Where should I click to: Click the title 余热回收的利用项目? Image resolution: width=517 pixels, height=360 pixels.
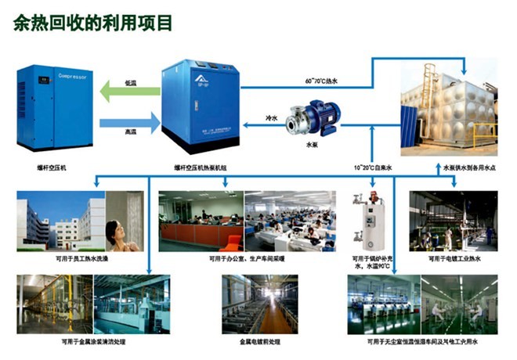92,23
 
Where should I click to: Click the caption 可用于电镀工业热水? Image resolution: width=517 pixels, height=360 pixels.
454,257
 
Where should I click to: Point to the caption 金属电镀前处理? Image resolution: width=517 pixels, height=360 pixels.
258,341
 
